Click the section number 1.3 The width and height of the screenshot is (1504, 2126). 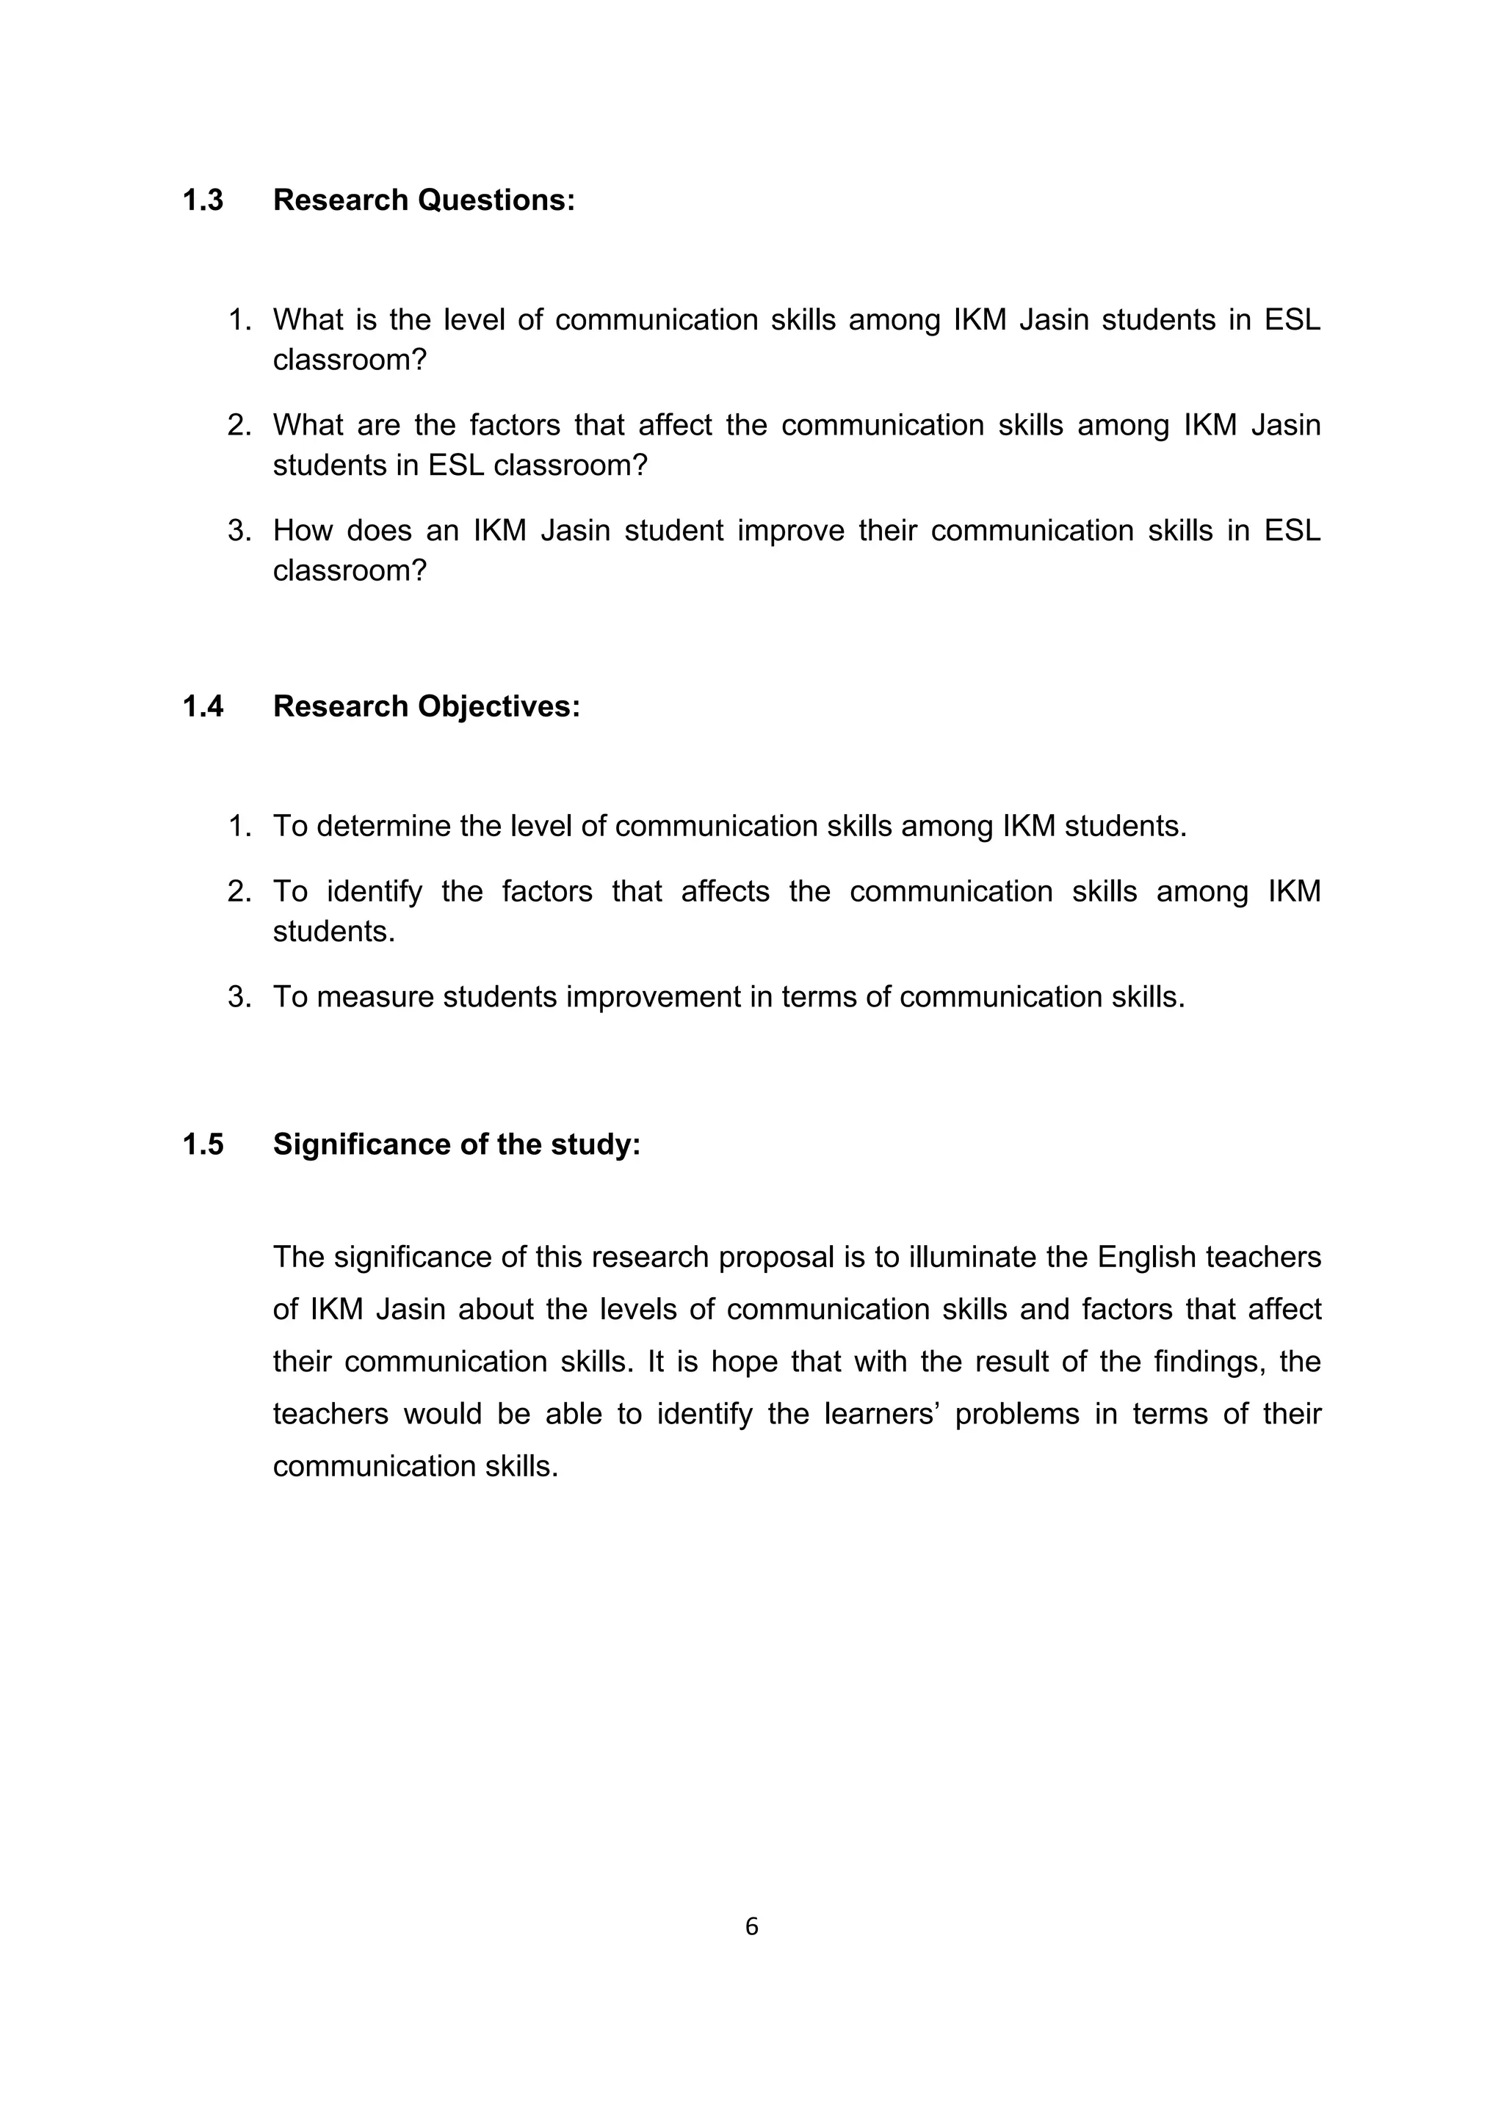pos(203,200)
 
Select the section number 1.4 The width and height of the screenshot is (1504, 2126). pos(203,706)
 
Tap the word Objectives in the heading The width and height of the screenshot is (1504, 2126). pos(499,706)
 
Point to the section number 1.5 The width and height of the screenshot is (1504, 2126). pos(203,1144)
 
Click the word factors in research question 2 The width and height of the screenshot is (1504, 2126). pos(514,425)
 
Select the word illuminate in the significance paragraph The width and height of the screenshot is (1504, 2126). pos(972,1258)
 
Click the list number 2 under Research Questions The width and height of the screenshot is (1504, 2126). pos(239,425)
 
